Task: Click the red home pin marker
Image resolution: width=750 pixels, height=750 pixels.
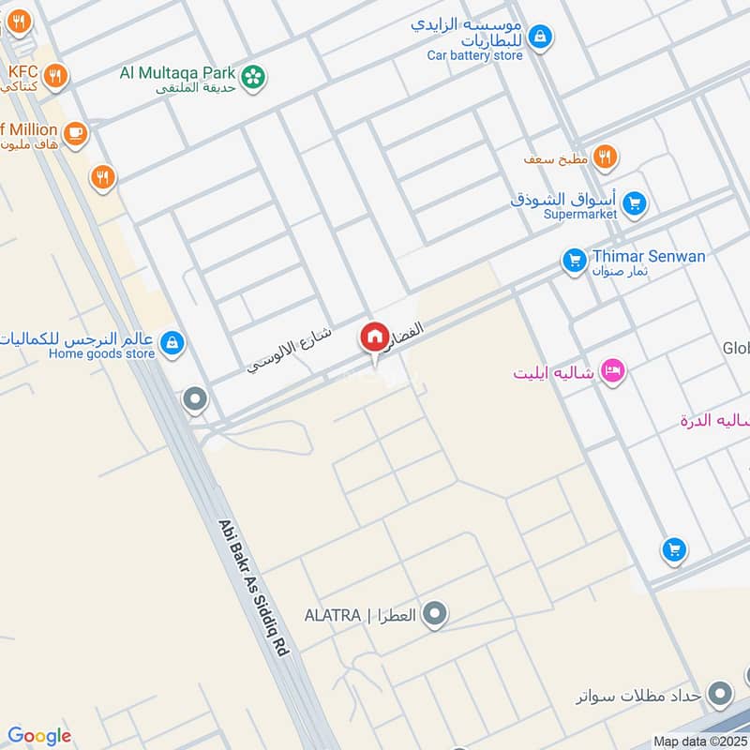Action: point(374,337)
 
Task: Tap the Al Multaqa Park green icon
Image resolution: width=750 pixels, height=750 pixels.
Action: point(252,78)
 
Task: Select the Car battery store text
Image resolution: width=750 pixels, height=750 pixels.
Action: point(475,55)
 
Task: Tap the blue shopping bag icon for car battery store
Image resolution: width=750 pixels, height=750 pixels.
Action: point(539,37)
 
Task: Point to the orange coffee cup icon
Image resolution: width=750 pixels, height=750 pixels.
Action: point(75,133)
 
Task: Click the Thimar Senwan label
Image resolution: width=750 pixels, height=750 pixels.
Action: point(648,256)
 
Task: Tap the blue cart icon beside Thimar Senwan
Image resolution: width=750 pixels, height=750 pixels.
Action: point(574,261)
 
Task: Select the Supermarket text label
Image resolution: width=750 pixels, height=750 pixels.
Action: point(581,214)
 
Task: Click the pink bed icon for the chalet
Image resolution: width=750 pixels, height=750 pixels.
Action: point(613,372)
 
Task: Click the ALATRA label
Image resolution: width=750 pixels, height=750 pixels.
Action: point(333,616)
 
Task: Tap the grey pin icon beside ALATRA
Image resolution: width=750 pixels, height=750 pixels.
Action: point(433,615)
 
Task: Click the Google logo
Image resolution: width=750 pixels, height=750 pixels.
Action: point(39,736)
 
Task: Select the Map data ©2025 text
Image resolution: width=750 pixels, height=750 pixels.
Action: point(699,742)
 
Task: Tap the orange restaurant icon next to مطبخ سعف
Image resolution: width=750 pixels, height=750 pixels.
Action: point(605,157)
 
